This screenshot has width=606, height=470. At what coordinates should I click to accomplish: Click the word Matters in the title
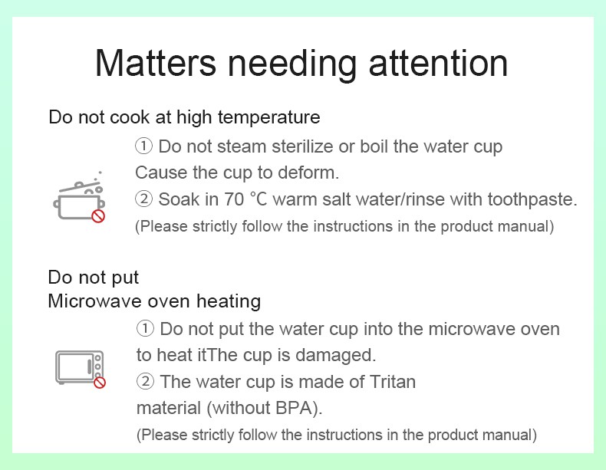pyautogui.click(x=156, y=64)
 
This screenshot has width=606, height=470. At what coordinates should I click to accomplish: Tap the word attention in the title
pyautogui.click(x=438, y=64)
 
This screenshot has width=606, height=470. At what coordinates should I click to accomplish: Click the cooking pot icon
pyautogui.click(x=79, y=197)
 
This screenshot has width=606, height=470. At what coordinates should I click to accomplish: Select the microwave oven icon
pyautogui.click(x=81, y=369)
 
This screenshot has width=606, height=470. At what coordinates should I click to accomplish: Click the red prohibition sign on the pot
pyautogui.click(x=98, y=216)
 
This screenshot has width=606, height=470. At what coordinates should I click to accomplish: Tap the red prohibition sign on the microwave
pyautogui.click(x=100, y=383)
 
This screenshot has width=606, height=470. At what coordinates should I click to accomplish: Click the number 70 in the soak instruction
pyautogui.click(x=234, y=199)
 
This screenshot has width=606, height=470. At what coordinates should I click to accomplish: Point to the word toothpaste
pyautogui.click(x=532, y=200)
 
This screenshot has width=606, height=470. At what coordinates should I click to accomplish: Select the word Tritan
pyautogui.click(x=393, y=382)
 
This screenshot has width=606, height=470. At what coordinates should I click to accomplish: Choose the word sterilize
pyautogui.click(x=302, y=146)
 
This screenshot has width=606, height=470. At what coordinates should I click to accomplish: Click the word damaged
pyautogui.click(x=335, y=355)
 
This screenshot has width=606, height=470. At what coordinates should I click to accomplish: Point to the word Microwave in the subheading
pyautogui.click(x=94, y=301)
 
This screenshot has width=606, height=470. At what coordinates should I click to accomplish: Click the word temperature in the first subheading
pyautogui.click(x=269, y=117)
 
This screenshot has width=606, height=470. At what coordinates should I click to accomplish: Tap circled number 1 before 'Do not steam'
pyautogui.click(x=143, y=146)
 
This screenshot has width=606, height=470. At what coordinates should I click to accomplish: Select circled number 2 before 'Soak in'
pyautogui.click(x=143, y=199)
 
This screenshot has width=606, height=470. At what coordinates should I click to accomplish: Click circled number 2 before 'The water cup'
pyautogui.click(x=145, y=382)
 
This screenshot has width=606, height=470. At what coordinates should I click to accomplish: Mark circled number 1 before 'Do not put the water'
pyautogui.click(x=145, y=329)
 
